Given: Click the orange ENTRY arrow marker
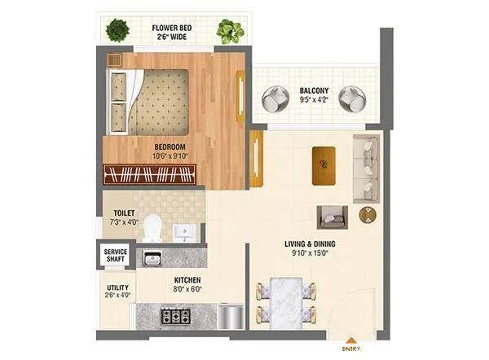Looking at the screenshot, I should click(351, 340).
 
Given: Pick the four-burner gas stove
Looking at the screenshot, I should click(174, 315).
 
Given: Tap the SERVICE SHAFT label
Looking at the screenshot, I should click(115, 256).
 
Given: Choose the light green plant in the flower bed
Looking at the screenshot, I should click(230, 32).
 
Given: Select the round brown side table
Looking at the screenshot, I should click(368, 215).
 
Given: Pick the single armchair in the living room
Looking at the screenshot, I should click(332, 216).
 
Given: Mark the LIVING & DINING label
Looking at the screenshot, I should click(310, 244).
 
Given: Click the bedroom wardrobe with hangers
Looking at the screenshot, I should click(150, 174).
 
